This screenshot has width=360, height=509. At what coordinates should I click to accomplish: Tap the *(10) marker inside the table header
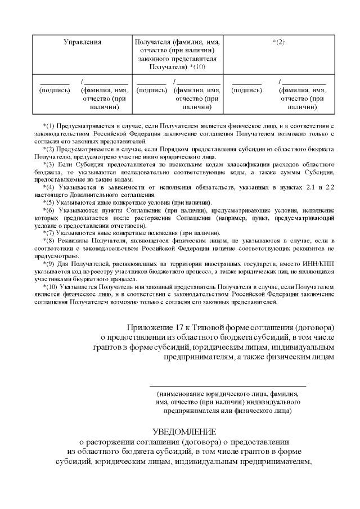point(199,67)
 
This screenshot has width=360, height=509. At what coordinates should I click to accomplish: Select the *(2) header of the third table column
point(279,42)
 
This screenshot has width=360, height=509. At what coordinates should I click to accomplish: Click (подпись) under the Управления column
point(55,89)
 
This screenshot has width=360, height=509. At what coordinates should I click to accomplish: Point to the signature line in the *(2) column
point(246,83)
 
